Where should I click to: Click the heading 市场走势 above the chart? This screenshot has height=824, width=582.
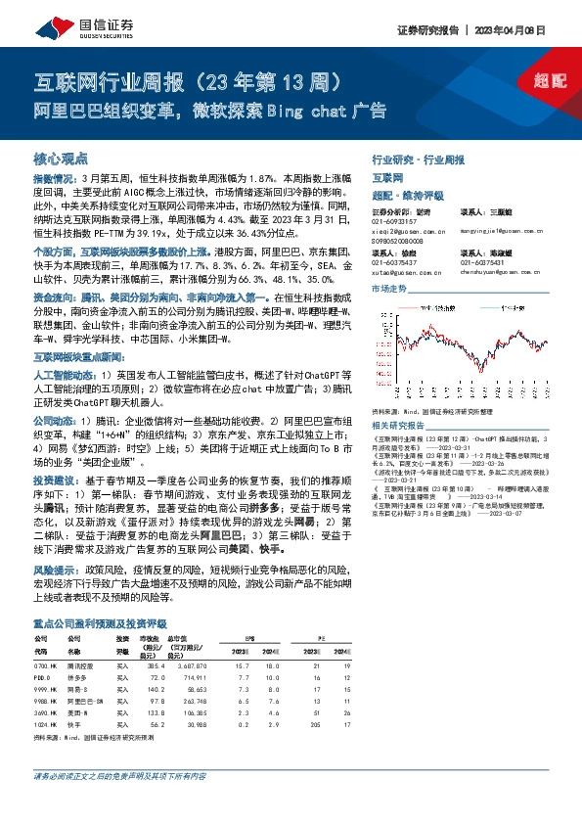[389, 291]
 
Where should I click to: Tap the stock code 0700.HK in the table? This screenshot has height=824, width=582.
[47, 665]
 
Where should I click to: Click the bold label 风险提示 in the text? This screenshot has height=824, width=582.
[57, 569]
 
